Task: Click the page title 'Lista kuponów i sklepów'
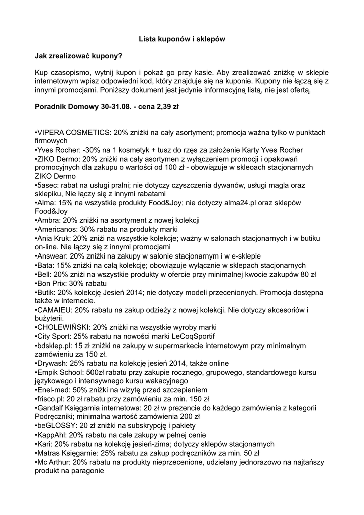click(182, 38)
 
